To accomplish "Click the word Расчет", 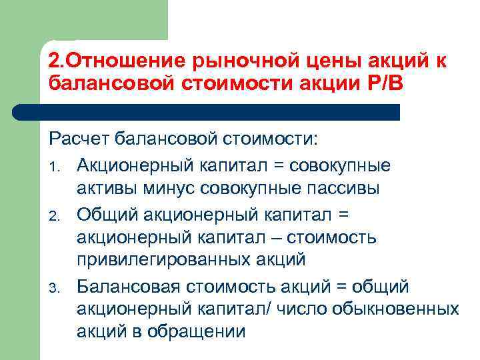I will click(x=79, y=141).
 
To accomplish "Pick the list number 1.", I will click(x=57, y=165).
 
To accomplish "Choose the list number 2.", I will click(x=58, y=213).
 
